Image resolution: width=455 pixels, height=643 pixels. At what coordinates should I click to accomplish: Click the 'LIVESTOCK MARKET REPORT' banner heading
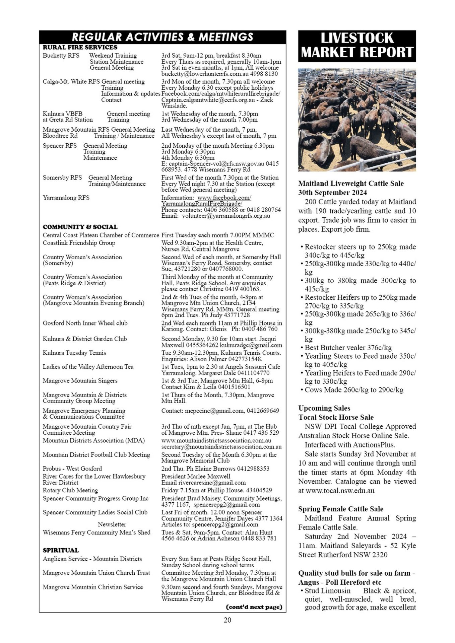[x=357, y=46]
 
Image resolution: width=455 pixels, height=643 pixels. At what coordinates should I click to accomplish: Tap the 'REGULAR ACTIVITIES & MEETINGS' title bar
[x=162, y=37]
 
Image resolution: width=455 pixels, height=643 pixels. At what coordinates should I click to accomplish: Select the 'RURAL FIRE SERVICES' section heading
[x=80, y=47]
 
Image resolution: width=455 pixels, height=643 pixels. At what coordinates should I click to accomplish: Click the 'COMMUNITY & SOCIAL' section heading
[x=80, y=227]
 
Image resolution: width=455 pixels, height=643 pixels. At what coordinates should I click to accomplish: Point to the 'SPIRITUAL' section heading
[x=61, y=550]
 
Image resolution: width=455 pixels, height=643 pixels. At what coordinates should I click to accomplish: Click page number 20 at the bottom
[x=227, y=620]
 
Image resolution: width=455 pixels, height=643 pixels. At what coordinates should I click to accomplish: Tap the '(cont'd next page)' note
[x=254, y=606]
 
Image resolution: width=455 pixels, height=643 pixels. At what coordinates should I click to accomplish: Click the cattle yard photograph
[x=357, y=120]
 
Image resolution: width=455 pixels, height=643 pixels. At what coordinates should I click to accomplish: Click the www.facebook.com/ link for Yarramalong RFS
[x=224, y=198]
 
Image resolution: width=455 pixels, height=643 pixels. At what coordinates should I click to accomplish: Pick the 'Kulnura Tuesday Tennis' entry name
[x=74, y=353]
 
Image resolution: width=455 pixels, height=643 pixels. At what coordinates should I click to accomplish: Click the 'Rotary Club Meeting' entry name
[x=70, y=490]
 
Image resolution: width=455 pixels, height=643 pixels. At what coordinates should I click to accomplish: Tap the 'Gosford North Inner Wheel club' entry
[x=85, y=323]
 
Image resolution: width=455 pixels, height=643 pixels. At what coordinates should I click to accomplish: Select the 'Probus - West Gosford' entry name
[x=72, y=469]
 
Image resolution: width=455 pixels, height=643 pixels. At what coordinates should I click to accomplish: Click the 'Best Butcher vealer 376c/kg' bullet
[x=348, y=348]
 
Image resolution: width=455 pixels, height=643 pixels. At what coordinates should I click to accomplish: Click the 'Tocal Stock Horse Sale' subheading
[x=336, y=417]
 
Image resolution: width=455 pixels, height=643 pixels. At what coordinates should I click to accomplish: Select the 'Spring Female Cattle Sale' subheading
[x=341, y=509]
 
